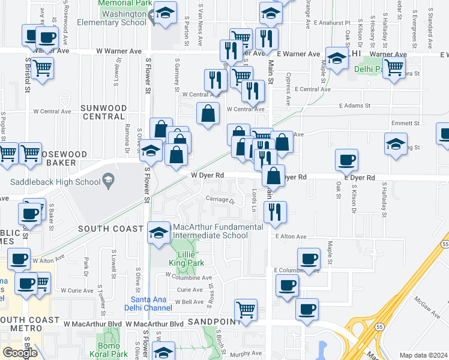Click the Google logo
(20, 353)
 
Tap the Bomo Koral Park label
(112, 350)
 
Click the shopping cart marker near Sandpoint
(246, 310)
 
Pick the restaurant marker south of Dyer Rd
(275, 212)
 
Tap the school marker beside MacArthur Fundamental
(158, 232)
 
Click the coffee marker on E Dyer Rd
(346, 160)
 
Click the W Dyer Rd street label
(208, 176)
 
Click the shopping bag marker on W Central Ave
(208, 113)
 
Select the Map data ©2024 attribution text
(423, 355)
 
